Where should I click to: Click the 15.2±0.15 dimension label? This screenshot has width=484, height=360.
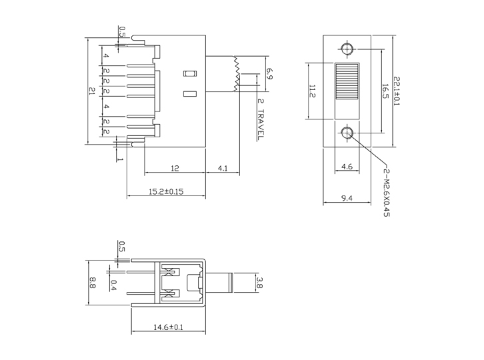pos(165,192)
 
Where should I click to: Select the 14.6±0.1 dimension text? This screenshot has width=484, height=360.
pos(168,327)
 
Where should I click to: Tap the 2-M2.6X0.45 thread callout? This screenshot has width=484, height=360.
pos(386,193)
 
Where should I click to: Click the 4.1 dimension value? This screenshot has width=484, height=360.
pos(223,169)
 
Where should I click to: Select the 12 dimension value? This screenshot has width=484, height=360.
pos(174,169)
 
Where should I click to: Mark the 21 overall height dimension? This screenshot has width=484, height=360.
pos(92,91)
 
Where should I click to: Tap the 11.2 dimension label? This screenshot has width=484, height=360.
pos(311,91)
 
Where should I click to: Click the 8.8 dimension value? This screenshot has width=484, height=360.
pos(92,283)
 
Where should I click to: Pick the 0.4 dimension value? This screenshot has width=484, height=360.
pos(113,285)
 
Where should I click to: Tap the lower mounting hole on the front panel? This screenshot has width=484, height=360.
pos(347,133)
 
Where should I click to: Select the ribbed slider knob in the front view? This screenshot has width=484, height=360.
pos(347,83)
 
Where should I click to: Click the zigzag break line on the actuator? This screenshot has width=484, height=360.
pos(236,73)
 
